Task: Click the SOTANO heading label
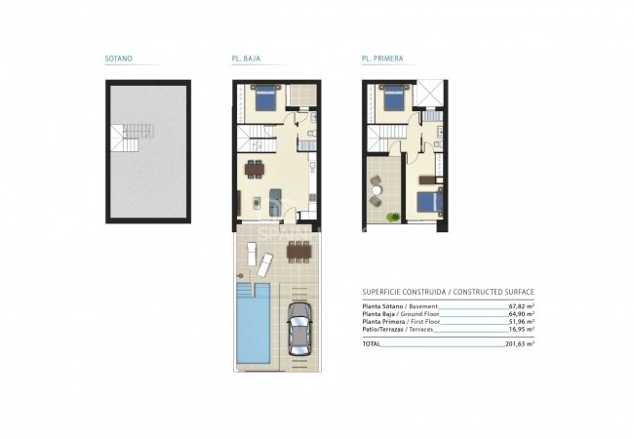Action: [x=119, y=59]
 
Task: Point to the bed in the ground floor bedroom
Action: [x=265, y=99]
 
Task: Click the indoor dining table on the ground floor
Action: [x=256, y=168]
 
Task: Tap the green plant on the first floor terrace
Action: [x=392, y=214]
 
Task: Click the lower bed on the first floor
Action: [x=430, y=201]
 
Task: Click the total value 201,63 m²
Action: [x=520, y=344]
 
